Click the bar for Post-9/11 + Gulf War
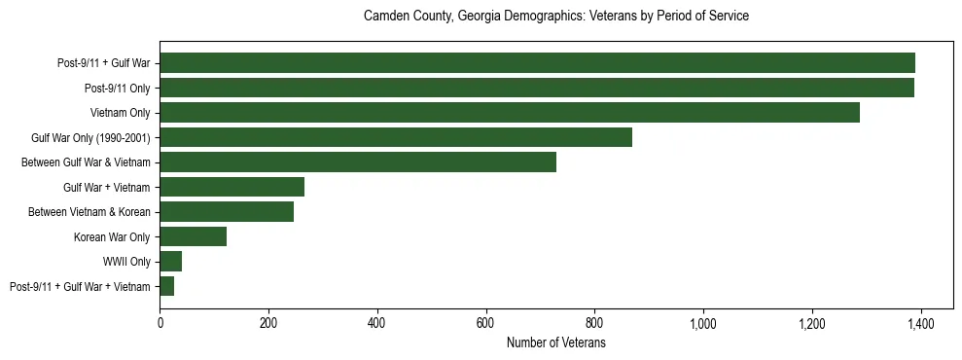point(537,63)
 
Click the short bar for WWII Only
point(170,262)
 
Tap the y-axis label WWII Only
point(127,262)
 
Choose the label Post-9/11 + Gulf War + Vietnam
point(80,287)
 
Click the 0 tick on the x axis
point(160,323)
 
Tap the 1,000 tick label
point(702,323)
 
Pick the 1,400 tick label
point(920,323)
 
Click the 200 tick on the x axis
point(268,323)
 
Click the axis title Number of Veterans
point(555,342)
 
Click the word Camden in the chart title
point(383,17)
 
